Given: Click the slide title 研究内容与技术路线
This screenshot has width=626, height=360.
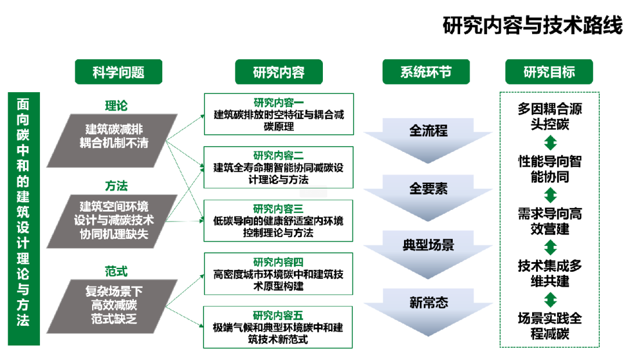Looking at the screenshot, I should (x=532, y=26).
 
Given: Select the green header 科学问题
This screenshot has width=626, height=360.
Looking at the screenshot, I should (x=118, y=72).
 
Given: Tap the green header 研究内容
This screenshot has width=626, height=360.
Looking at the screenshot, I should (x=278, y=72).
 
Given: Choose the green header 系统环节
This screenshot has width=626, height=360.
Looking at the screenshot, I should (x=425, y=72).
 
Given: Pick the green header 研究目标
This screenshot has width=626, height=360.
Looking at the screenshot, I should (x=549, y=72).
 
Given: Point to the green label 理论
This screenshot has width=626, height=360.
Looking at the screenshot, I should (x=115, y=106).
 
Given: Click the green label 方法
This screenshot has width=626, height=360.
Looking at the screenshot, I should (x=116, y=187).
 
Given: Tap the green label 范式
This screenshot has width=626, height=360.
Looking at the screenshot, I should (x=116, y=271).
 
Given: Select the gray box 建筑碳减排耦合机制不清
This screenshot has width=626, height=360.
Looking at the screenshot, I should (x=114, y=135).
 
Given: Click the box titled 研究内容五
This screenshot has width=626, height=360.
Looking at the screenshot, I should (x=278, y=327).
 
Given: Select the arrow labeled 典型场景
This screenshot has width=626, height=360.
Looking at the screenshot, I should (x=428, y=245).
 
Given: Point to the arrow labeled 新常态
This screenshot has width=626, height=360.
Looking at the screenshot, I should (x=428, y=303).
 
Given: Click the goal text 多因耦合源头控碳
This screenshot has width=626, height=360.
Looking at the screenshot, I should (x=549, y=117).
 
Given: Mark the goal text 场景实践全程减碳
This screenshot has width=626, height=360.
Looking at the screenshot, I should (x=549, y=326).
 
